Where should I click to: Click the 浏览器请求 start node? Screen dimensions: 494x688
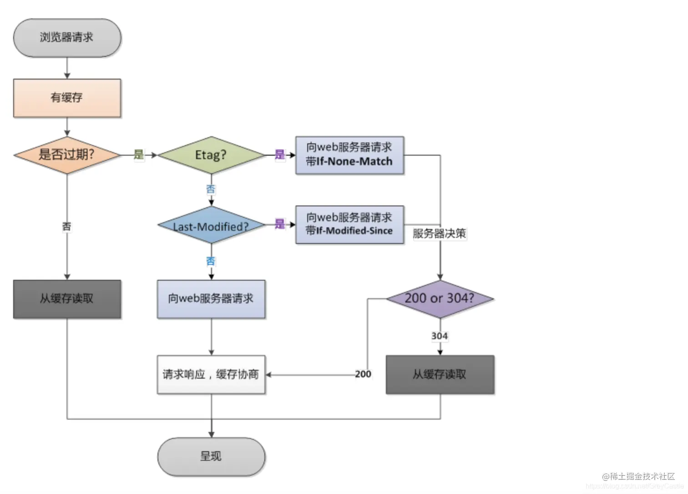[67, 38]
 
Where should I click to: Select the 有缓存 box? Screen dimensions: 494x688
[67, 98]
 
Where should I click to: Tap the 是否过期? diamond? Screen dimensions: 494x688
[67, 155]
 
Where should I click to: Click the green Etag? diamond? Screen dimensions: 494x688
[211, 155]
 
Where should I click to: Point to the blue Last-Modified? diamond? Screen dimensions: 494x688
[211, 225]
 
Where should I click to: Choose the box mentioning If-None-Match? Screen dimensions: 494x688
[349, 155]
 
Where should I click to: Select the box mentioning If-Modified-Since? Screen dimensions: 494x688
[349, 225]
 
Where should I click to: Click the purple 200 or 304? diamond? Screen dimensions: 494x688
[440, 299]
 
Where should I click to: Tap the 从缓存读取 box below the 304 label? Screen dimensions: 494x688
[440, 374]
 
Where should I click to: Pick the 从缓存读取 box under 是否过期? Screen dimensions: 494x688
[67, 299]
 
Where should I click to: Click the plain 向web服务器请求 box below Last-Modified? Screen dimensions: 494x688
[211, 299]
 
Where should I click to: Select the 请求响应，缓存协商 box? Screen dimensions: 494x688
[211, 374]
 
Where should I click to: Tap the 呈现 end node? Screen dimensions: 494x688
[211, 456]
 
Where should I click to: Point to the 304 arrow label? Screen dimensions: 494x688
[440, 336]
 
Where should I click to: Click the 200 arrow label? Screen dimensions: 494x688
[363, 374]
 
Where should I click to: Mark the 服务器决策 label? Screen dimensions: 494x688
[439, 234]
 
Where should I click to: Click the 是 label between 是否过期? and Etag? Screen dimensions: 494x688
[139, 155]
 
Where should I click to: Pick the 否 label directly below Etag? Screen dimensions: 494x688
[211, 189]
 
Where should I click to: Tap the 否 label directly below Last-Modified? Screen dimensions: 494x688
[211, 261]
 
